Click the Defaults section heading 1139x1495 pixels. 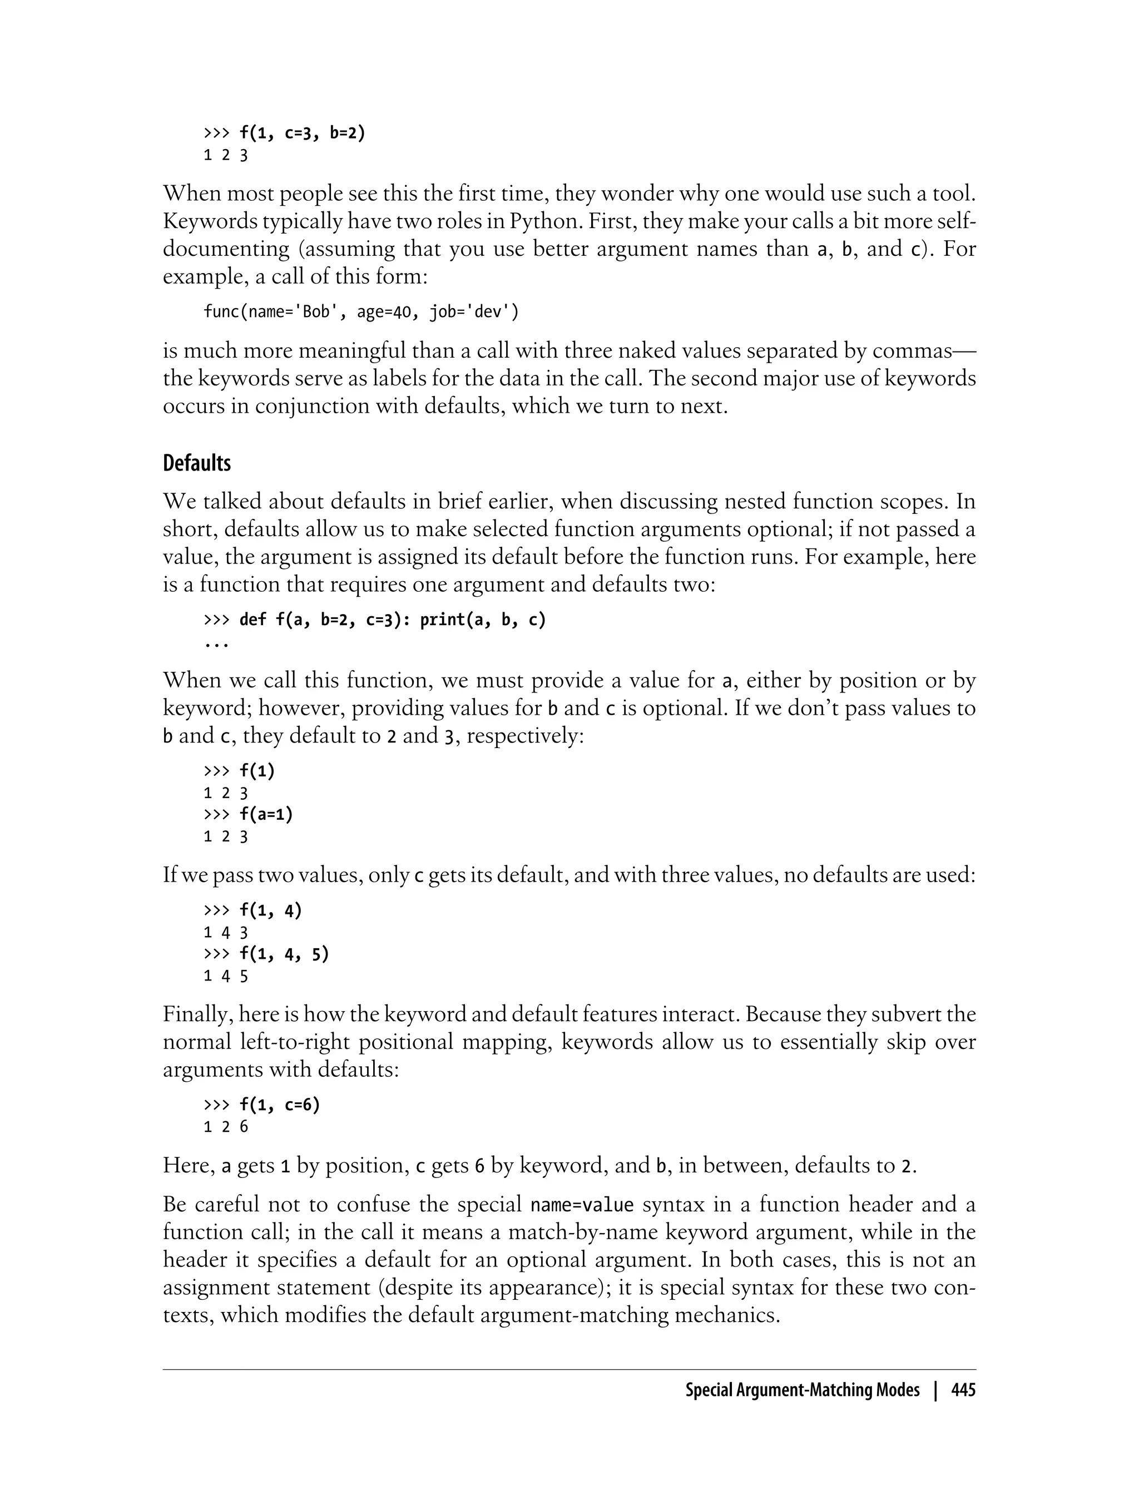pos(197,464)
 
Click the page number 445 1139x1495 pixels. pos(963,1390)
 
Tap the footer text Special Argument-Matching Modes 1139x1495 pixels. pos(802,1390)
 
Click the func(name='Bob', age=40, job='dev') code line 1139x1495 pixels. pos(361,312)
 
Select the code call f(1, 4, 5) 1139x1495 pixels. pos(284,954)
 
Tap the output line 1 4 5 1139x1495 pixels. pos(226,976)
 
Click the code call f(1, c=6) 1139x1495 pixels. pos(279,1105)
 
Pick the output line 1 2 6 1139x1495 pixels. pos(226,1127)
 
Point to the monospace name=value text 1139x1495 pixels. pos(582,1205)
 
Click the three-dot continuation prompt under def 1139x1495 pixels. pos(216,642)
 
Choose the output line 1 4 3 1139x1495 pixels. pos(226,933)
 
